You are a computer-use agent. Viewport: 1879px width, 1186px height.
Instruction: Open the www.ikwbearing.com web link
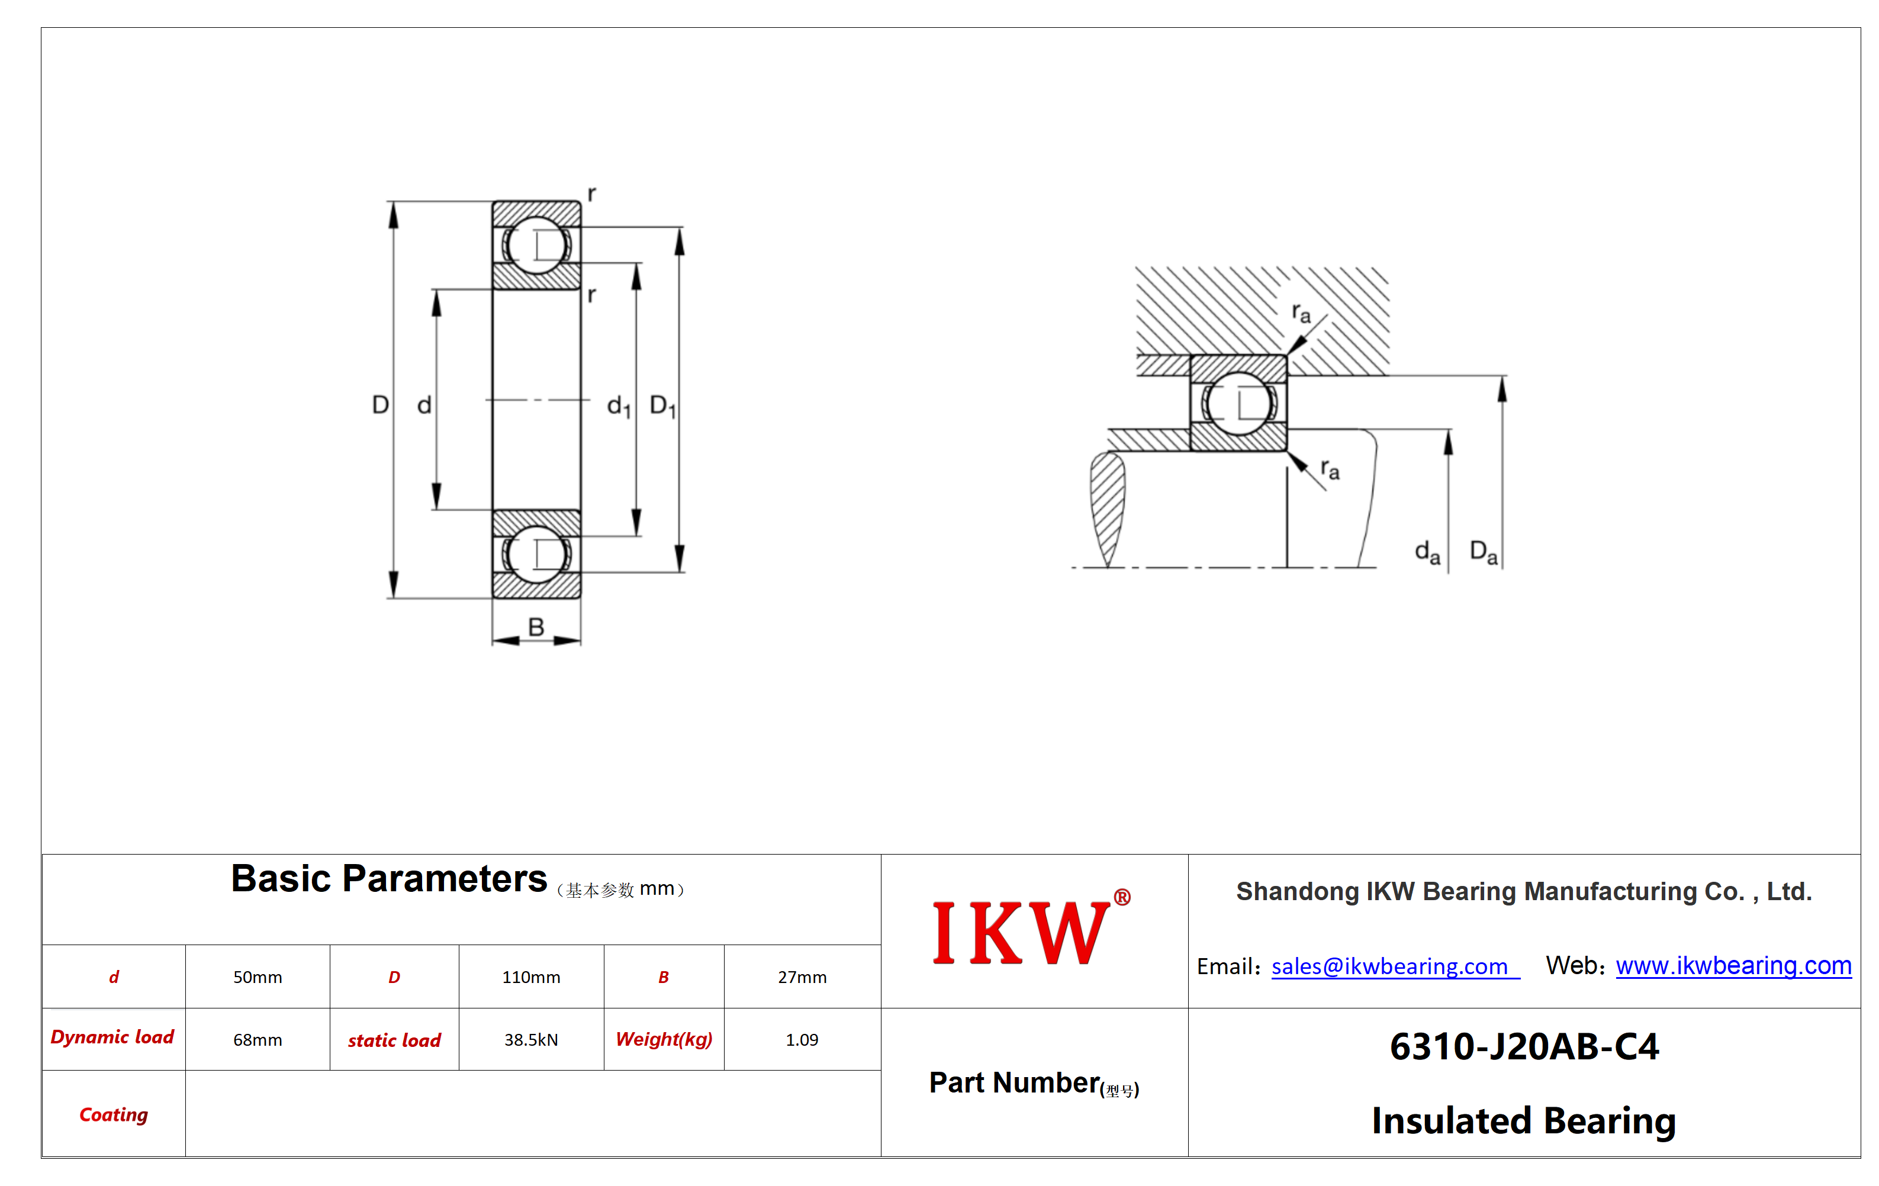[1733, 965]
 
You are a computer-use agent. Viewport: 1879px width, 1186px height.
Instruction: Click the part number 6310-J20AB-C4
[1524, 1046]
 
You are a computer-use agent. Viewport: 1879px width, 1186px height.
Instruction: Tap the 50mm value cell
[258, 977]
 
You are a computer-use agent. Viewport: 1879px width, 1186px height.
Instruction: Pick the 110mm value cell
[532, 977]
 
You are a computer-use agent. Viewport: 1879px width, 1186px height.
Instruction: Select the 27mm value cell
[802, 977]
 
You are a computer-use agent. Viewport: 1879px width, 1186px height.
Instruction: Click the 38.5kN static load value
[532, 1039]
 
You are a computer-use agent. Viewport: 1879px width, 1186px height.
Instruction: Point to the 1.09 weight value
[802, 1039]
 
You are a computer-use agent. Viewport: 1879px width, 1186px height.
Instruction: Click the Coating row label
[114, 1114]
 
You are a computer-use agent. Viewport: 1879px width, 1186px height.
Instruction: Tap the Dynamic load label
[112, 1037]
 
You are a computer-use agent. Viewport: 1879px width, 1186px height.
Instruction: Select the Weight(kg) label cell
[664, 1039]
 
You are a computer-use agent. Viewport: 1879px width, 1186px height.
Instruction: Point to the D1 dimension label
[663, 406]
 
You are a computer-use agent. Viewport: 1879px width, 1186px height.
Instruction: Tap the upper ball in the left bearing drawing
[537, 246]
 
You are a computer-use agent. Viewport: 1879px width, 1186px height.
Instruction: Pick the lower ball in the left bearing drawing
[537, 555]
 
